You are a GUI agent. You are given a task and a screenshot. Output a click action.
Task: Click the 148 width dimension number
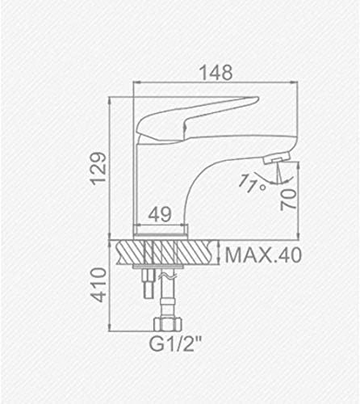click(216, 72)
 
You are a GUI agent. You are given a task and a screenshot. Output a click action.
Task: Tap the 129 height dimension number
click(98, 169)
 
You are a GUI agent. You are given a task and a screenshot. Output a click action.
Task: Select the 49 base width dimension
click(160, 214)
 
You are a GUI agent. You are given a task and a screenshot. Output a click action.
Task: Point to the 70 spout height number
click(288, 200)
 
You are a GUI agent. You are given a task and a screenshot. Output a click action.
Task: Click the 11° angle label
click(252, 183)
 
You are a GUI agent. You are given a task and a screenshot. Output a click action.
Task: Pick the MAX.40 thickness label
click(263, 255)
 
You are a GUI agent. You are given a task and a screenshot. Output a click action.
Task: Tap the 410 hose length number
click(98, 285)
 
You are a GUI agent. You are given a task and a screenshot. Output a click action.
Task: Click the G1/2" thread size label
click(175, 344)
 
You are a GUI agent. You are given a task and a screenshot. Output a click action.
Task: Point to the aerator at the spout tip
click(277, 158)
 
